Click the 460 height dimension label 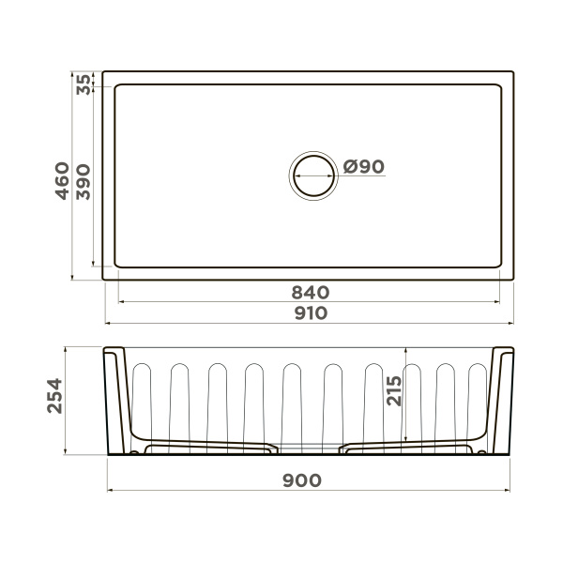click(x=61, y=178)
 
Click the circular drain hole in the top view click(x=312, y=175)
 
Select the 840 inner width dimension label click(x=310, y=292)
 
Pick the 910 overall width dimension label click(x=310, y=312)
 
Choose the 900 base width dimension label click(x=302, y=479)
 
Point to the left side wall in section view click(x=117, y=399)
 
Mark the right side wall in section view click(x=502, y=399)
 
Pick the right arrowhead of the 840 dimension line click(x=496, y=302)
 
